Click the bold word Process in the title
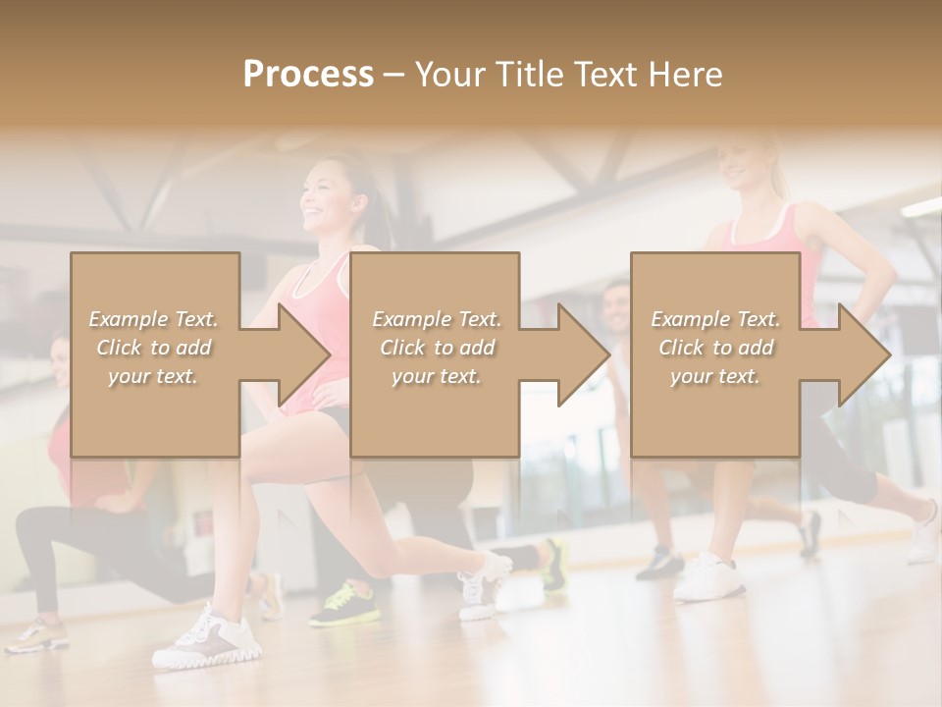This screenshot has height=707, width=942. (308, 75)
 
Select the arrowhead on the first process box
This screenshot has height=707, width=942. (299, 354)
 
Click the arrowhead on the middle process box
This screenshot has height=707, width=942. (580, 354)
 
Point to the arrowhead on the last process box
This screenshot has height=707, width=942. (861, 354)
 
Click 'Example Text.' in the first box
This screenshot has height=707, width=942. (154, 319)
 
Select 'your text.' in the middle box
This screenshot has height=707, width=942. (436, 376)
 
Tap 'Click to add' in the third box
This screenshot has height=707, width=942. (715, 348)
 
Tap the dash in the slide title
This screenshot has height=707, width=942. (393, 75)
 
